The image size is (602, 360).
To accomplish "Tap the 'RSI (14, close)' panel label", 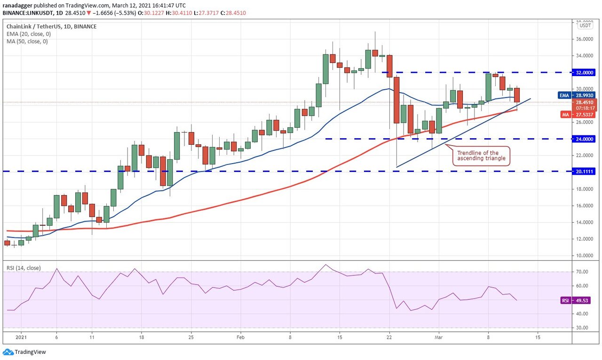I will pyautogui.click(x=24, y=268).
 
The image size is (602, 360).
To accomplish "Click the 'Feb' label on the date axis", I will pyautogui.click(x=241, y=337).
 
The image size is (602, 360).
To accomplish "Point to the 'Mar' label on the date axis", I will pyautogui.click(x=438, y=337).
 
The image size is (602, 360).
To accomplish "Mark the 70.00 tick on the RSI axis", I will pyautogui.click(x=582, y=272).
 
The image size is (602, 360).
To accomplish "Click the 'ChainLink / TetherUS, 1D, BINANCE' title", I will pyautogui.click(x=51, y=27).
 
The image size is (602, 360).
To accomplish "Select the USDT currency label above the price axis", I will pyautogui.click(x=585, y=25).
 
